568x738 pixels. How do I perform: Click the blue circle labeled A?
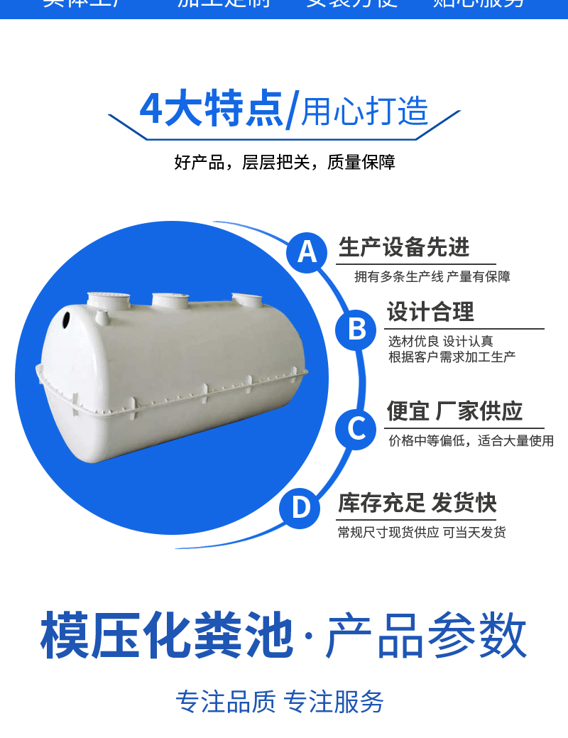pyautogui.click(x=307, y=251)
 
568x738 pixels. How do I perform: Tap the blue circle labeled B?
pyautogui.click(x=357, y=330)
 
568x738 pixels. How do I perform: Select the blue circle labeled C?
pyautogui.click(x=356, y=428)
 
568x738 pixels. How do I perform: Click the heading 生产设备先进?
pyautogui.click(x=404, y=247)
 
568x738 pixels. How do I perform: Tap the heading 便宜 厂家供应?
pyautogui.click(x=454, y=411)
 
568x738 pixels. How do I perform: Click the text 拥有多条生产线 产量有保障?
pyautogui.click(x=432, y=277)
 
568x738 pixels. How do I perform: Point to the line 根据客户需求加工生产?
pyautogui.click(x=452, y=357)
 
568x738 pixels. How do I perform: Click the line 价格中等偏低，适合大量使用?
pyautogui.click(x=471, y=441)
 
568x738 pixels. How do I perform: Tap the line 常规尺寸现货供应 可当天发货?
pyautogui.click(x=422, y=533)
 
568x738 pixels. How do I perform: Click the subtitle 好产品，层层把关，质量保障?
pyautogui.click(x=284, y=163)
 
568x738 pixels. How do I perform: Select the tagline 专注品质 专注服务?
pyautogui.click(x=280, y=702)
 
